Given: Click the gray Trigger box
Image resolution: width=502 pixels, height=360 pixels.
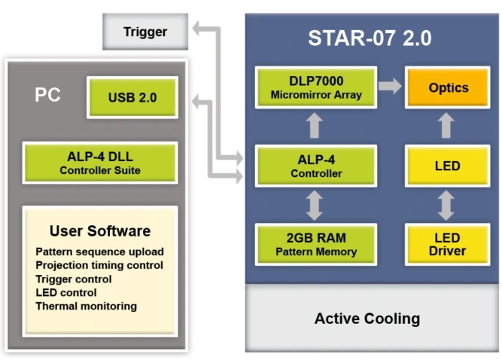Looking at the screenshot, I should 145,32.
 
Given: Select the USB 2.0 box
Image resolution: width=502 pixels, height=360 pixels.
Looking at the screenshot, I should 132,96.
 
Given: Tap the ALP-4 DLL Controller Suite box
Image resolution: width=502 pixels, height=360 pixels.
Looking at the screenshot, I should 100,163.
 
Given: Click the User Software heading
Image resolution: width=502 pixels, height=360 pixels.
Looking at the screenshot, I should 100,231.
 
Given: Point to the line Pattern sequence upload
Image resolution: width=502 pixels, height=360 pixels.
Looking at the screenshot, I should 99,252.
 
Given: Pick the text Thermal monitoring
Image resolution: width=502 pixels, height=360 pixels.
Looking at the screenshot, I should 86,306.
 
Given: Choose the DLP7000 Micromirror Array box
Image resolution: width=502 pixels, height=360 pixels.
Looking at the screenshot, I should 316,87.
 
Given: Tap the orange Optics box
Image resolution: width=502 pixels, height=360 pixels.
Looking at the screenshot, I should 448,87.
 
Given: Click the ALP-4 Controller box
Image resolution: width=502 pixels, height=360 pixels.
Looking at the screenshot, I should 316,166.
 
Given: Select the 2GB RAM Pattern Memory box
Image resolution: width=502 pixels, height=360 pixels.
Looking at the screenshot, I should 316,244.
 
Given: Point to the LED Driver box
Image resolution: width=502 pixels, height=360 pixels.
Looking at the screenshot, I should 448,244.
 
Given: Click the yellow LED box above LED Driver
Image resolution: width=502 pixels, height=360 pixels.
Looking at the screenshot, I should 448,166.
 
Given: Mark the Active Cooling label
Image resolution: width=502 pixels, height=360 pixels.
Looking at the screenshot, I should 367,319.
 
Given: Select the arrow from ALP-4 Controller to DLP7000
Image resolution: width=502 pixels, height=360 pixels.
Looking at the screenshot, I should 316,126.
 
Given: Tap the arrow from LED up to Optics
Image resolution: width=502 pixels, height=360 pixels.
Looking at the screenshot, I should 447,126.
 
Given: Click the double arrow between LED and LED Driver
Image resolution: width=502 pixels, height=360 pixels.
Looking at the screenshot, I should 447,205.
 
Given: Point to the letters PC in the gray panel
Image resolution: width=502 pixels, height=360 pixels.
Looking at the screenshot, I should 47,96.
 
